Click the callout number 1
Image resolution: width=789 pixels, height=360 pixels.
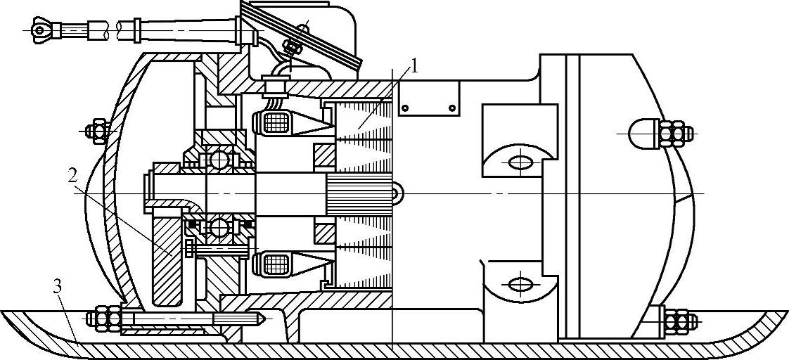pos(415,67)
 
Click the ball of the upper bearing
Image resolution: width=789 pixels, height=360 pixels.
pos(218,158)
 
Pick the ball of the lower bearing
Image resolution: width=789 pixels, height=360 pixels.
pos(218,226)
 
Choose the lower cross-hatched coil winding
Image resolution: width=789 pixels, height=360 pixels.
pos(275,264)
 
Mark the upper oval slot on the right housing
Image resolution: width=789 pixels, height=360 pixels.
pos(520,162)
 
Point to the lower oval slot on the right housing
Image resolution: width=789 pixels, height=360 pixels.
pos(520,284)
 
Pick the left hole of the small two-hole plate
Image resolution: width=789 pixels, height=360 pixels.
pos(404,108)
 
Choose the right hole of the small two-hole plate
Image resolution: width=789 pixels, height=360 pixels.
pos(451,108)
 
